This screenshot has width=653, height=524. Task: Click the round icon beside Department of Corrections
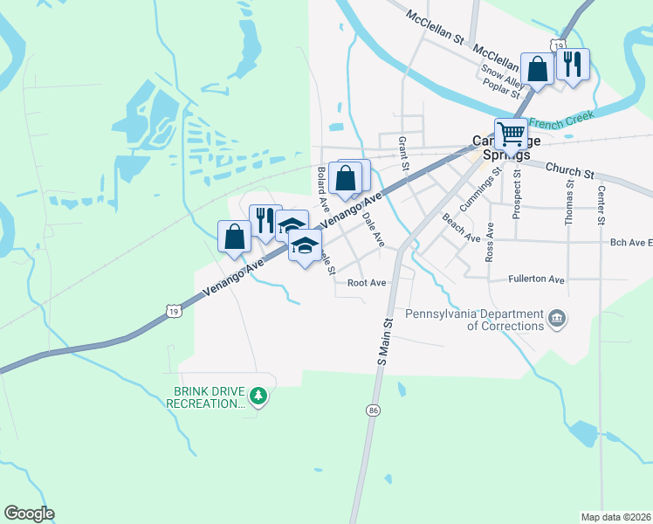click(556, 320)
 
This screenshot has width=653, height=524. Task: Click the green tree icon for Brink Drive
click(258, 397)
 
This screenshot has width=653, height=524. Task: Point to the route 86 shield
click(373, 410)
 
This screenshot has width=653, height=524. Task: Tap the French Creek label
click(560, 118)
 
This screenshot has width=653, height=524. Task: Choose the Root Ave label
click(367, 283)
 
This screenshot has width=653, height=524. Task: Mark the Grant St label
click(403, 153)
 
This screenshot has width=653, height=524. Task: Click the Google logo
click(29, 514)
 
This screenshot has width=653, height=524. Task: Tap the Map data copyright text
click(615, 517)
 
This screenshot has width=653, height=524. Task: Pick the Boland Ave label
click(323, 183)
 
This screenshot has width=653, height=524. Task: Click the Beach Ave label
click(461, 228)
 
